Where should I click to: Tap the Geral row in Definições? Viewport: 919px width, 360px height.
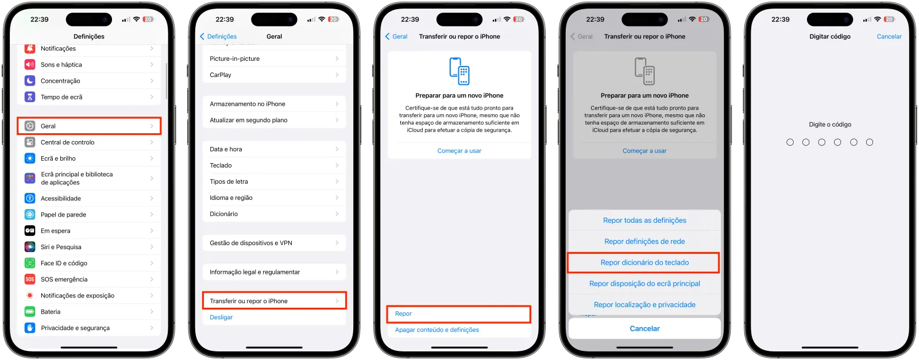[x=89, y=126]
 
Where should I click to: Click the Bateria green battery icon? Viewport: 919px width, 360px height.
[x=30, y=312]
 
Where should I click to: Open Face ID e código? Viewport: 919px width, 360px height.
[x=89, y=263]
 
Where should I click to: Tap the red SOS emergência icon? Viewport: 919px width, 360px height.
[x=30, y=279]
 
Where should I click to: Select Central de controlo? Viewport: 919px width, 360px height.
[x=89, y=142]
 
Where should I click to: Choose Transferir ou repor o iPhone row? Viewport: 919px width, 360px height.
[x=275, y=301]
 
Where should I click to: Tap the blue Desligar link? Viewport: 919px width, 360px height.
[x=221, y=318]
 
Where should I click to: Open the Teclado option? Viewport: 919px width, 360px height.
[x=275, y=165]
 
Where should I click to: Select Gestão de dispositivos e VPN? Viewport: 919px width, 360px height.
[x=275, y=243]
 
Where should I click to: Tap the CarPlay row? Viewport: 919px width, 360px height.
[x=275, y=75]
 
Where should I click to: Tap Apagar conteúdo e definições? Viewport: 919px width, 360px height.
[x=437, y=330]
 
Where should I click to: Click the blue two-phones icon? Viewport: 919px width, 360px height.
[x=459, y=71]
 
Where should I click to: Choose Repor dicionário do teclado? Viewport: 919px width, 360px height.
[x=644, y=262]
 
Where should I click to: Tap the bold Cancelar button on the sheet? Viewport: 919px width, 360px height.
[x=644, y=328]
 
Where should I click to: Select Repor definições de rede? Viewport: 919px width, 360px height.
[x=644, y=242]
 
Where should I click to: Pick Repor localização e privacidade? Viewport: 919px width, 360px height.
[x=644, y=305]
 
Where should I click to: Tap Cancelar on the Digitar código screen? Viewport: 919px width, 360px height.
[x=889, y=37]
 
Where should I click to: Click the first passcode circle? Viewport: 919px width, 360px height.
[x=790, y=142]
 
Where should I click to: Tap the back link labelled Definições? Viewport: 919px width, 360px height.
[x=219, y=37]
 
